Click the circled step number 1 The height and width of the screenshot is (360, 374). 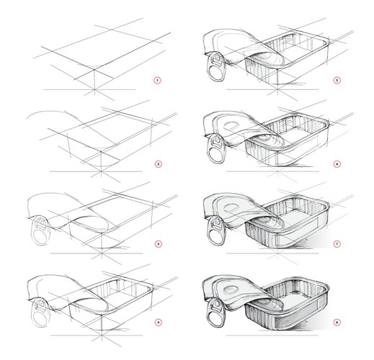tap(157, 80)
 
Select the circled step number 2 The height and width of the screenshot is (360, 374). tap(158, 164)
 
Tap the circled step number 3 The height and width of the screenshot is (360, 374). tap(158, 244)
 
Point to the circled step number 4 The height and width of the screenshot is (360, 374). tap(158, 323)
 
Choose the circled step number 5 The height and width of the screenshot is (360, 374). tap(337, 80)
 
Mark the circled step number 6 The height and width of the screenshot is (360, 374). tap(337, 164)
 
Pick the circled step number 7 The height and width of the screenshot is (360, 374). tap(337, 244)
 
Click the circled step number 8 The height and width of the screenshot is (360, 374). tap(337, 323)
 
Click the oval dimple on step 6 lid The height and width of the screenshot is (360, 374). tap(231, 126)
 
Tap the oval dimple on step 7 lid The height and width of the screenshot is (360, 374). tap(231, 208)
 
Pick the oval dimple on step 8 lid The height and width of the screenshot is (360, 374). tap(231, 289)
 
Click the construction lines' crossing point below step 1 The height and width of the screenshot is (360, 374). tap(94, 89)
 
